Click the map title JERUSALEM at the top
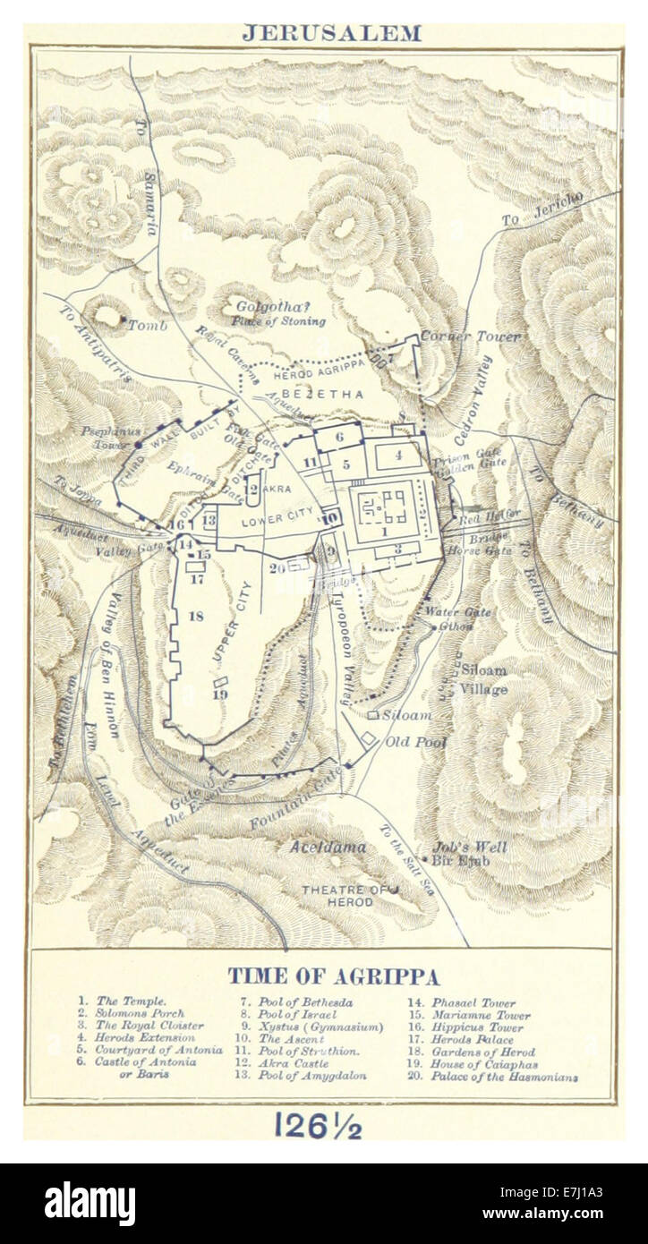pyautogui.click(x=331, y=34)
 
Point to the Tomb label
pyautogui.click(x=147, y=324)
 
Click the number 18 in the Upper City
pyautogui.click(x=195, y=615)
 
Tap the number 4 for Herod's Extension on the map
pyautogui.click(x=398, y=454)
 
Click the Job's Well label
pyautogui.click(x=469, y=847)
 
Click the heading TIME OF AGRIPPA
pyautogui.click(x=332, y=976)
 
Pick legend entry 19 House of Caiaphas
pyautogui.click(x=478, y=1065)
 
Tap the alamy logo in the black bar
pyautogui.click(x=90, y=1204)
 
